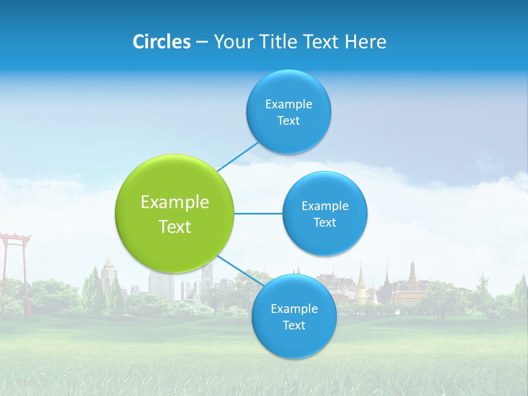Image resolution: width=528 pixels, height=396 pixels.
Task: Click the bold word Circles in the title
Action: pyautogui.click(x=161, y=42)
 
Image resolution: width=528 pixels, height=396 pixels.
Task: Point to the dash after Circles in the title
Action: pyautogui.click(x=202, y=42)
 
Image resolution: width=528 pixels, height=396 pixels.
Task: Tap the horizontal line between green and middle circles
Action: pyautogui.click(x=258, y=213)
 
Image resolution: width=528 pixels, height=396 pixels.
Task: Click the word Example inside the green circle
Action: pyautogui.click(x=174, y=202)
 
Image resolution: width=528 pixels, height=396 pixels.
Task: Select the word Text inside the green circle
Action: pyautogui.click(x=174, y=227)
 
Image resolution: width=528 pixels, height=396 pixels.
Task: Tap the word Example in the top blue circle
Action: pyautogui.click(x=288, y=105)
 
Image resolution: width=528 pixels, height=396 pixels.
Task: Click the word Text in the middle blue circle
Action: pyautogui.click(x=324, y=223)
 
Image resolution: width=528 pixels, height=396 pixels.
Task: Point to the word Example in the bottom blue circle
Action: pyautogui.click(x=294, y=309)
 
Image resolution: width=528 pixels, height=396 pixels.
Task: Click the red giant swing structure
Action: pyautogui.click(x=15, y=242)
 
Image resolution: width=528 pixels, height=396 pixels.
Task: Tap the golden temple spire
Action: pyautogui.click(x=361, y=283)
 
